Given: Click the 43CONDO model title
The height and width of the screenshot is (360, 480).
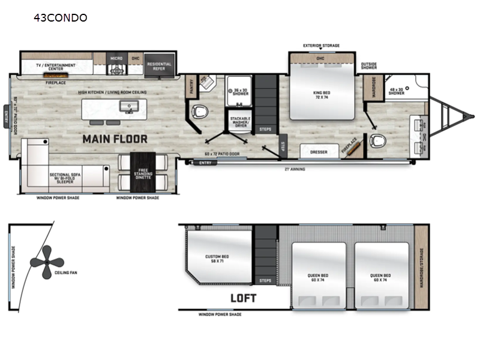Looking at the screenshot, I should (x=61, y=17).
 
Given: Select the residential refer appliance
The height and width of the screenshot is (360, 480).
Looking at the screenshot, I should (x=159, y=67).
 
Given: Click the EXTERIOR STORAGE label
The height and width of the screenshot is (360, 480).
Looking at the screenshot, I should (x=321, y=46).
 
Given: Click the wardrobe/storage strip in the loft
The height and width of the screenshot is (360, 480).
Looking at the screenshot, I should (x=422, y=267).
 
